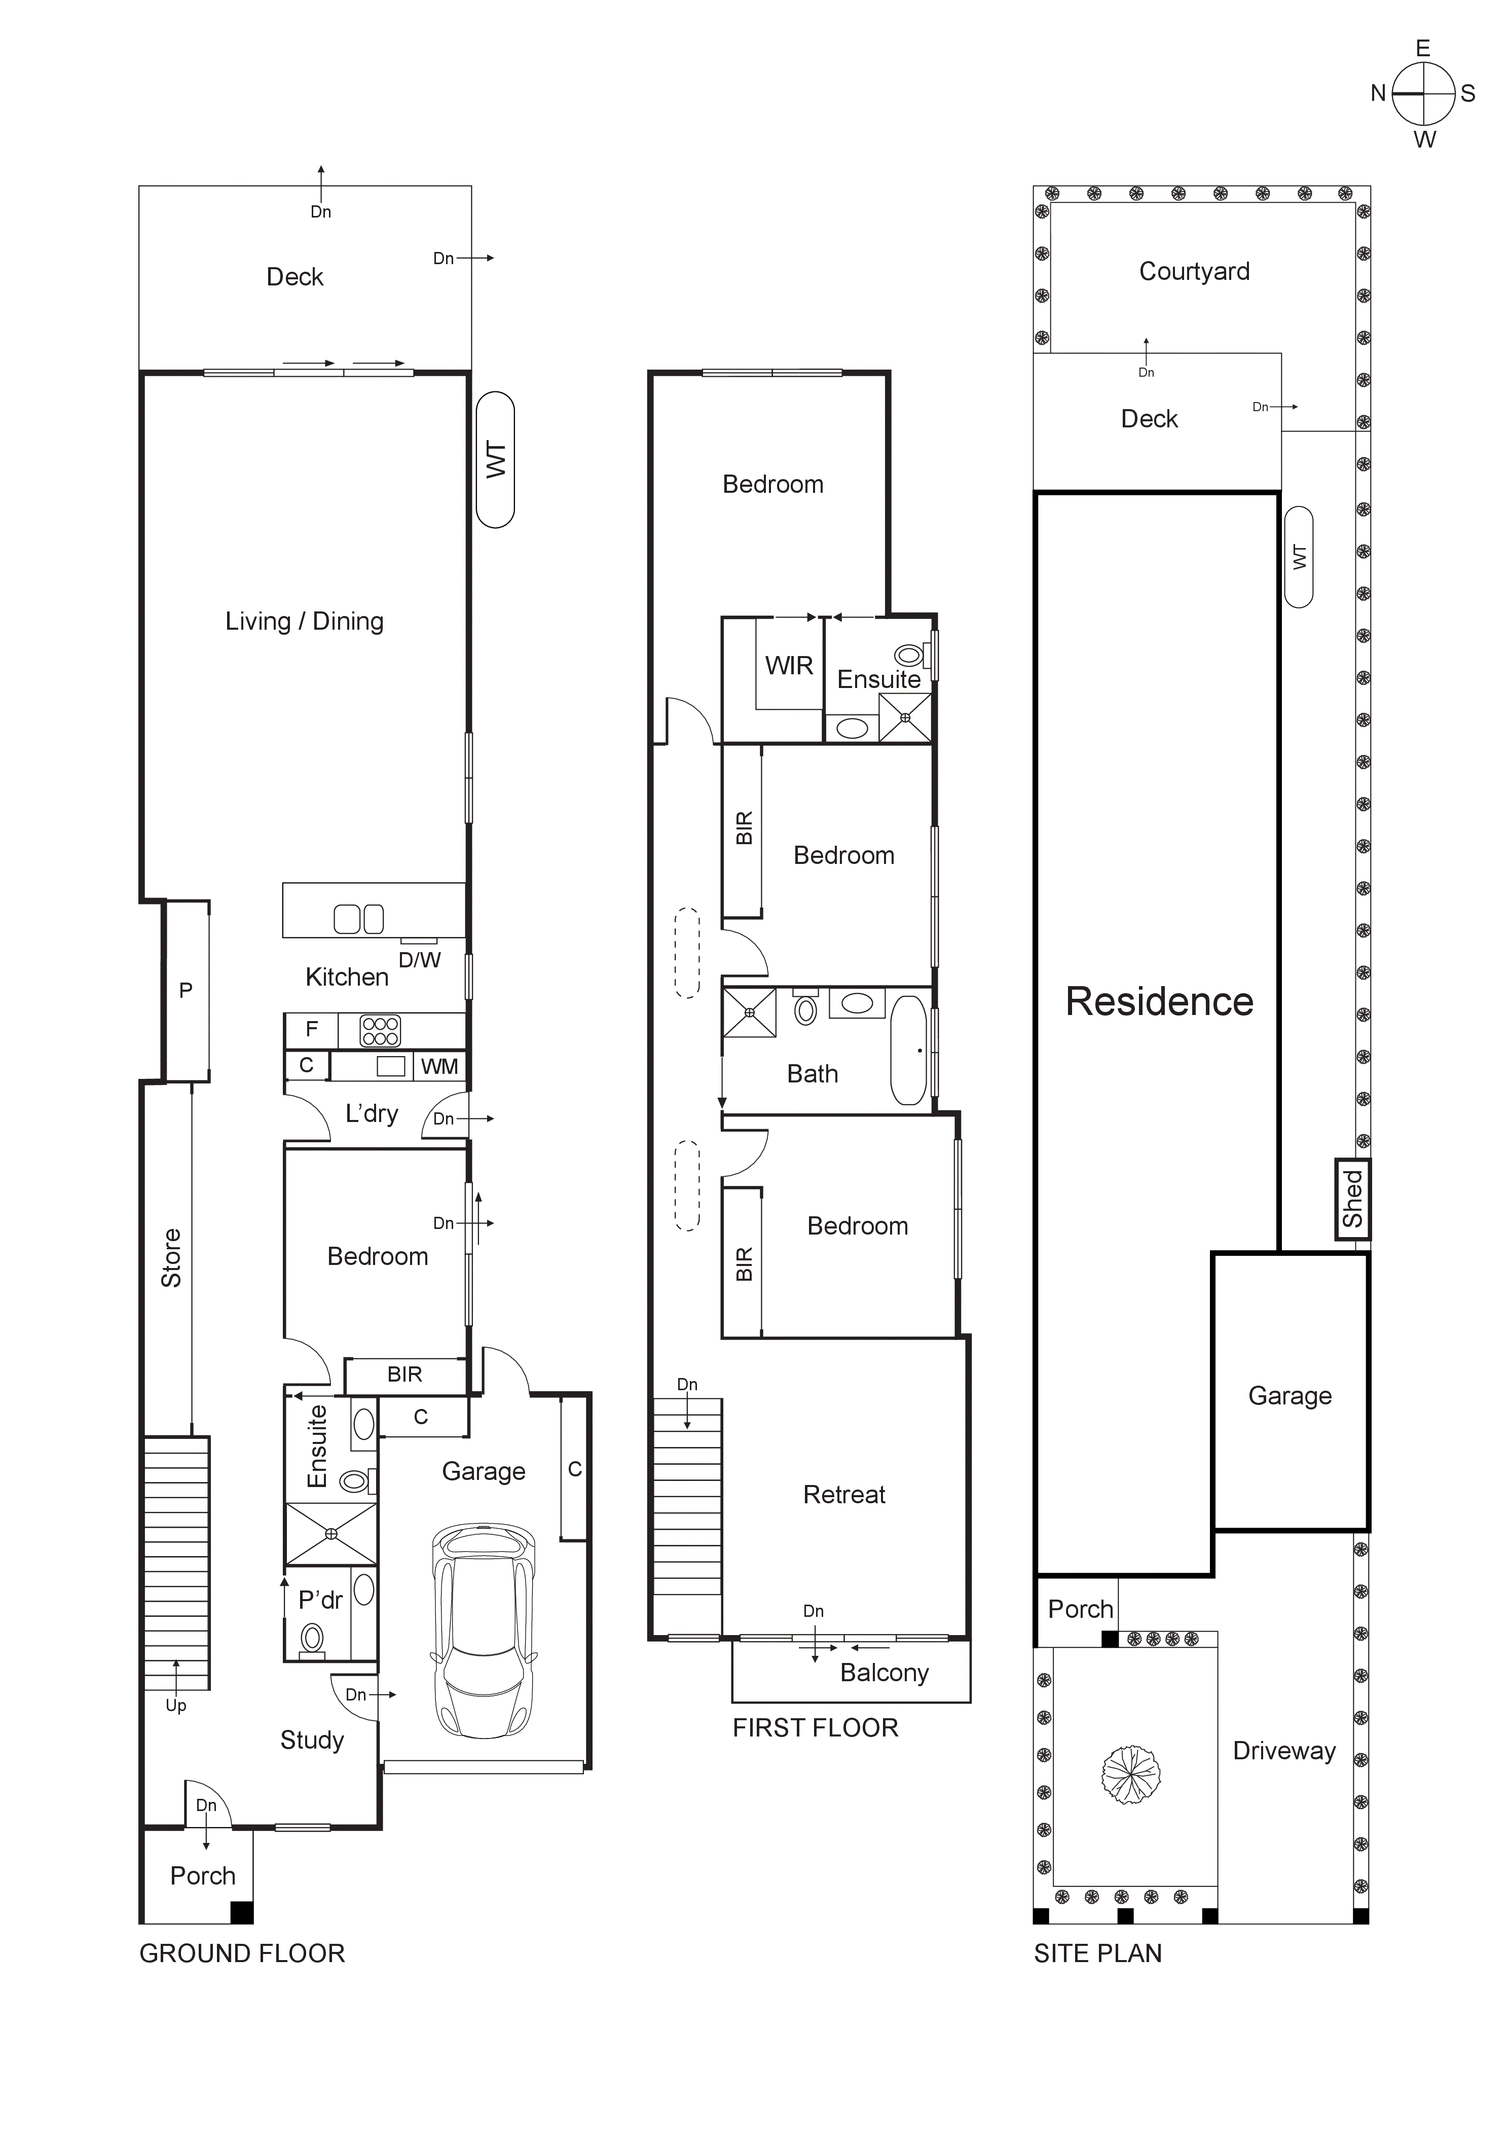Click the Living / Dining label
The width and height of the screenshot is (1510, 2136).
[304, 622]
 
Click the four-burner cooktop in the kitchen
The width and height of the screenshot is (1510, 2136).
[381, 1031]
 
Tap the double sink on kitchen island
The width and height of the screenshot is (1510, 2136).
[358, 919]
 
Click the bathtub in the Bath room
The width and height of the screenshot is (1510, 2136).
[909, 1051]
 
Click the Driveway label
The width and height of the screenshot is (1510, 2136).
[1284, 1751]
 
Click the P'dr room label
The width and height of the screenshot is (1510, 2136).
[320, 1600]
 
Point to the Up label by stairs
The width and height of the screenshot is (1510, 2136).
[176, 1705]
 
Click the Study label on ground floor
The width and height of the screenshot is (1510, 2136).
[312, 1740]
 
